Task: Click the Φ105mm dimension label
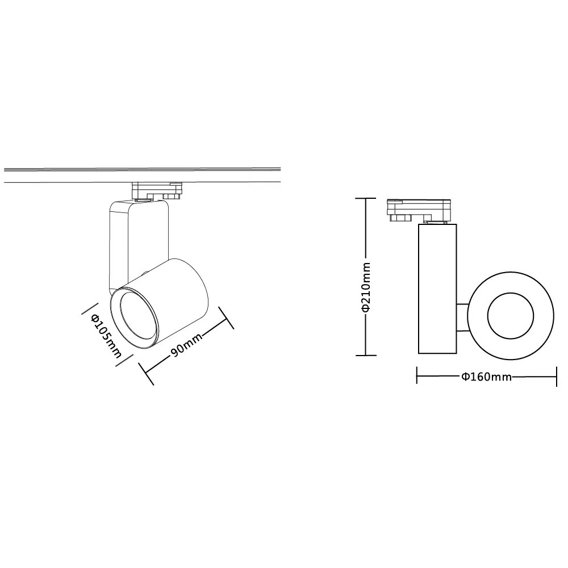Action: [106, 336]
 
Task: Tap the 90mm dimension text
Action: [186, 345]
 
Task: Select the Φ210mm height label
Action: [366, 287]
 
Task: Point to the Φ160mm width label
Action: [487, 377]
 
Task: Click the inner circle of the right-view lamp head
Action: [487, 316]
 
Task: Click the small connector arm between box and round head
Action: [462, 317]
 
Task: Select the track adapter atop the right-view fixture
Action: [419, 211]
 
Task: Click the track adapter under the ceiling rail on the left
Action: [157, 190]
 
